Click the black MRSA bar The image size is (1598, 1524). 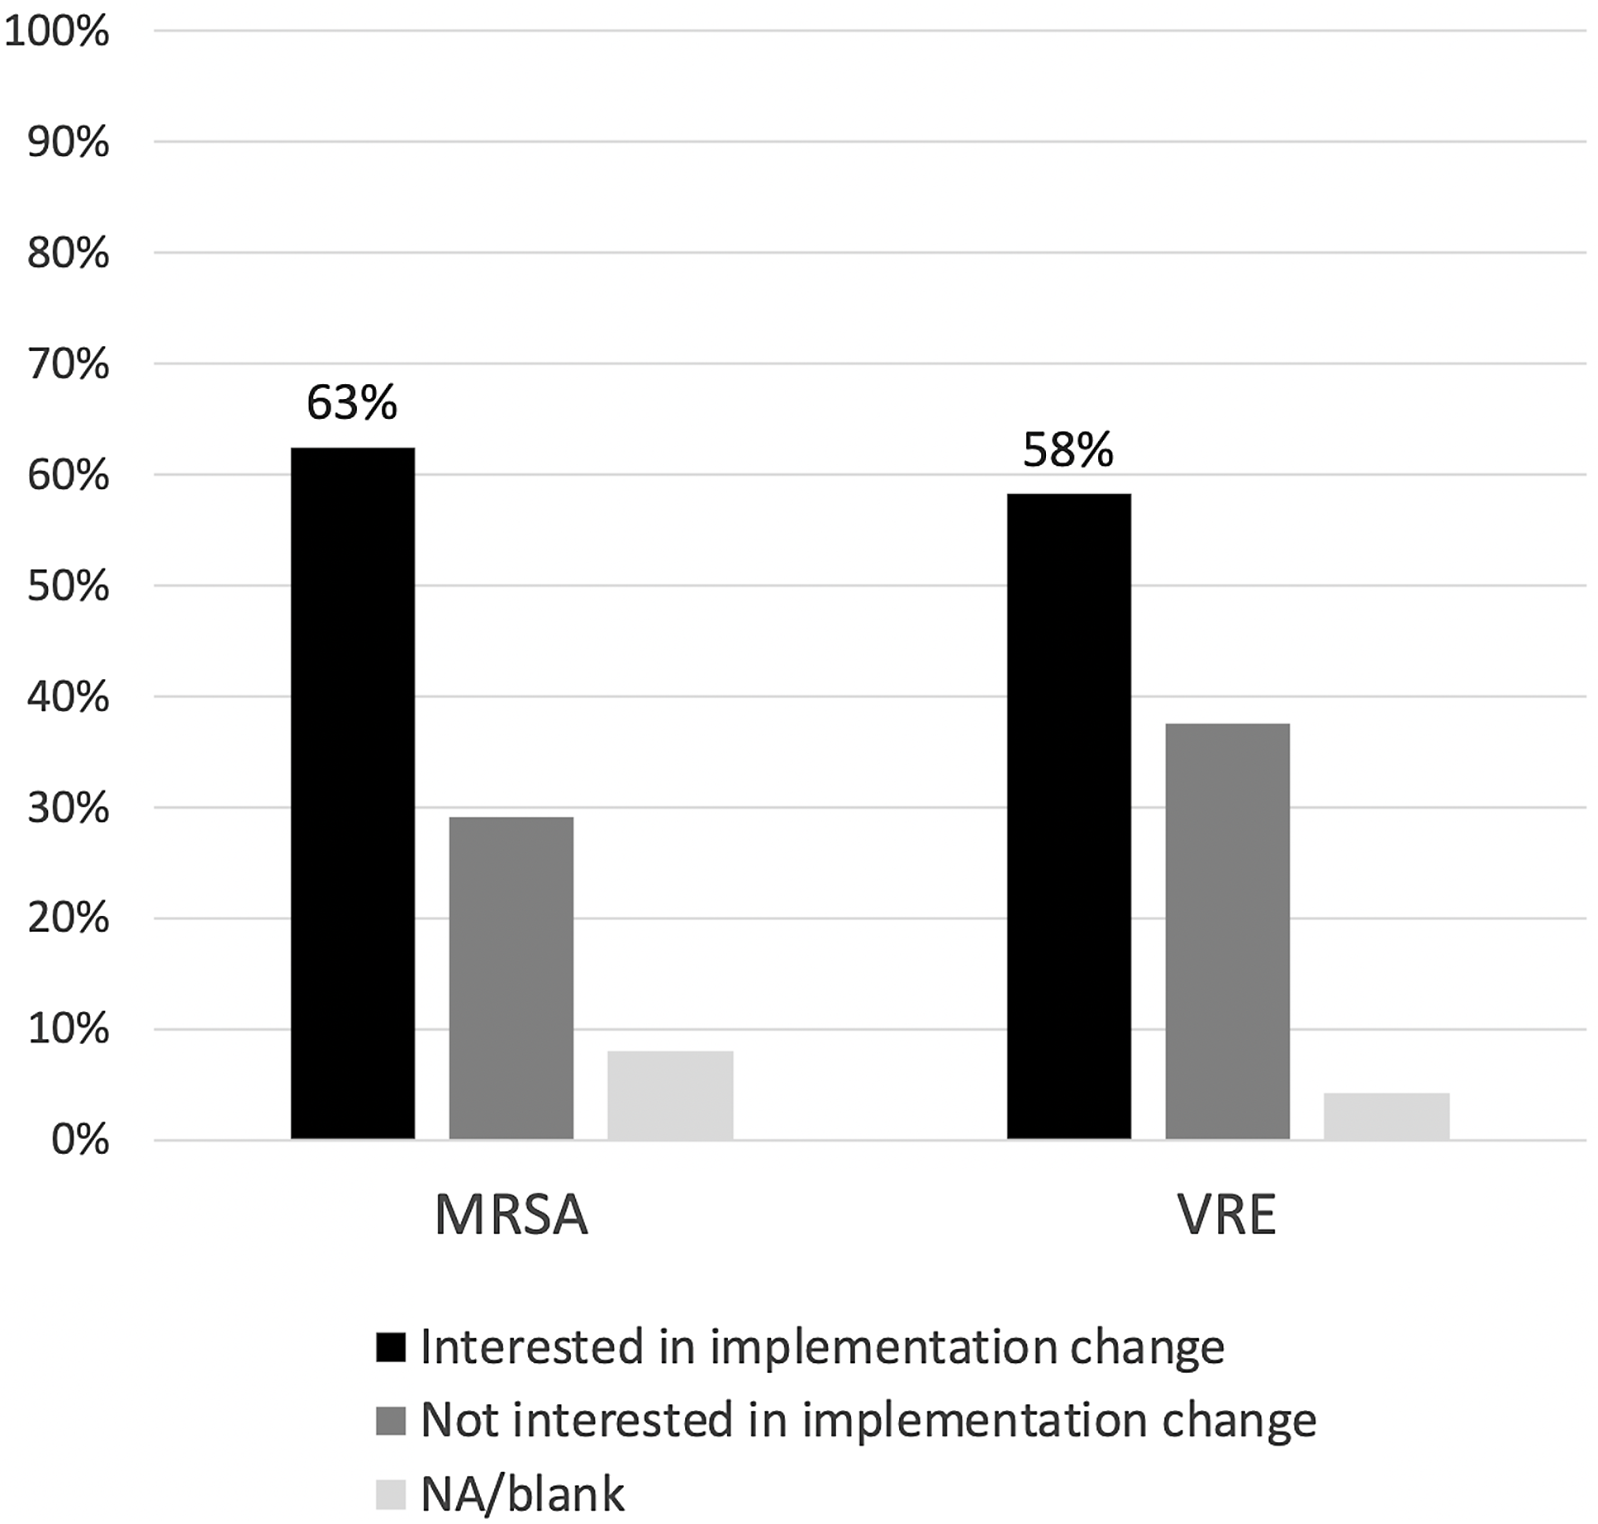click(353, 793)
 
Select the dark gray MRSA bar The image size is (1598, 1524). click(511, 978)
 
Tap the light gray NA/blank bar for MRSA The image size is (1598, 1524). click(670, 1095)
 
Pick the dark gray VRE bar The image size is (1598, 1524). click(1227, 931)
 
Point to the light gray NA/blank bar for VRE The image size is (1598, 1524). click(1386, 1116)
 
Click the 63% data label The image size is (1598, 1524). click(352, 403)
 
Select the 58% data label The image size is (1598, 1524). click(1068, 450)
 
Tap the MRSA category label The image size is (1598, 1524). click(511, 1216)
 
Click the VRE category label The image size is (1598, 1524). click(1227, 1216)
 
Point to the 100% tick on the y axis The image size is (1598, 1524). click(56, 32)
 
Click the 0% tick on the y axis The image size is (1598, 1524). click(79, 1140)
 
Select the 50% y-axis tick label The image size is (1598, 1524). click(68, 586)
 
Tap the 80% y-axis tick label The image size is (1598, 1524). click(68, 254)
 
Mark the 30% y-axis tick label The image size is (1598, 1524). click(68, 808)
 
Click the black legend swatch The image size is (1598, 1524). click(390, 1347)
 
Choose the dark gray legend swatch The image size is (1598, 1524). click(390, 1421)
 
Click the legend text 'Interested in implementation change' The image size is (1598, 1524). click(822, 1347)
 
